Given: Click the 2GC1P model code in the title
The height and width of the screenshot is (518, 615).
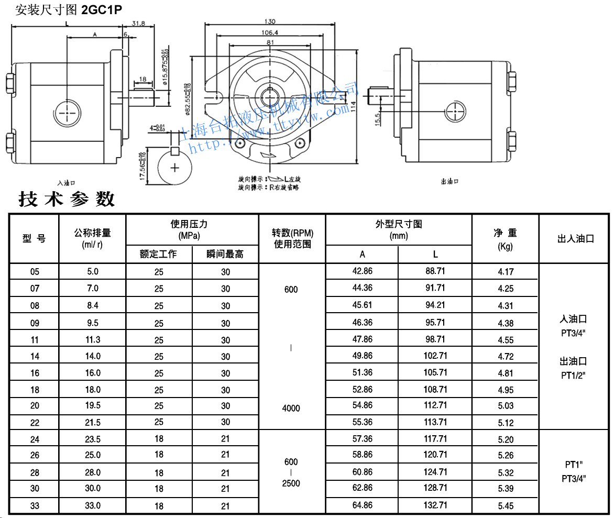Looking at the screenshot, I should click(x=102, y=10).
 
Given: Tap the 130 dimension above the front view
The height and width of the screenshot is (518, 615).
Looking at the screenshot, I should click(x=269, y=21).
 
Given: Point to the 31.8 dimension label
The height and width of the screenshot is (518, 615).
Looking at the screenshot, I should click(x=138, y=24).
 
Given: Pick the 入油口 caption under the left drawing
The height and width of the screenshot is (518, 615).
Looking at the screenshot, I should click(x=67, y=182).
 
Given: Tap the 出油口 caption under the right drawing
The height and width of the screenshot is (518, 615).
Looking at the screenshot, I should click(x=450, y=181).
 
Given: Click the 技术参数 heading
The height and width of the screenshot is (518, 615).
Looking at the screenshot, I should click(x=67, y=199).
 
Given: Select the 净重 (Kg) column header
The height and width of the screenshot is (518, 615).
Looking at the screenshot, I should click(x=505, y=239).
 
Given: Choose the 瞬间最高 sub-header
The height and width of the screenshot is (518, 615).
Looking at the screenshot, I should click(x=225, y=255).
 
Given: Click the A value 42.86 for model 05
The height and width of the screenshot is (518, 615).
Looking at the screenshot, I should click(x=363, y=271).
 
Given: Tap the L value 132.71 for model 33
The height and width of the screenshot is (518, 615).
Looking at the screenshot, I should click(x=435, y=505).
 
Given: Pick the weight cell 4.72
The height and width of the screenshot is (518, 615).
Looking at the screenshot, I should click(x=506, y=357).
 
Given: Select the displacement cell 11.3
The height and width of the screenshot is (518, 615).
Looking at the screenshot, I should click(x=93, y=340).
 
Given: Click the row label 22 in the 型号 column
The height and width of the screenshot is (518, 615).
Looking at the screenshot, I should click(x=35, y=422).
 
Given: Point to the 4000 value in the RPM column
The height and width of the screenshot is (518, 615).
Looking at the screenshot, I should click(x=291, y=408).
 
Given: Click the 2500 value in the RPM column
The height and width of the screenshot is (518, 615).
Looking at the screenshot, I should click(x=291, y=483).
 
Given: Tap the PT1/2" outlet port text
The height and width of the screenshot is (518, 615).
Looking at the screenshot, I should click(x=573, y=375).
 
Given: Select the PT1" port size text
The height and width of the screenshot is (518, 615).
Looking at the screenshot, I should click(x=574, y=464).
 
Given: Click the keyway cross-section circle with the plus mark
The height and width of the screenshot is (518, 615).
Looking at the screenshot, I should click(x=175, y=168).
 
